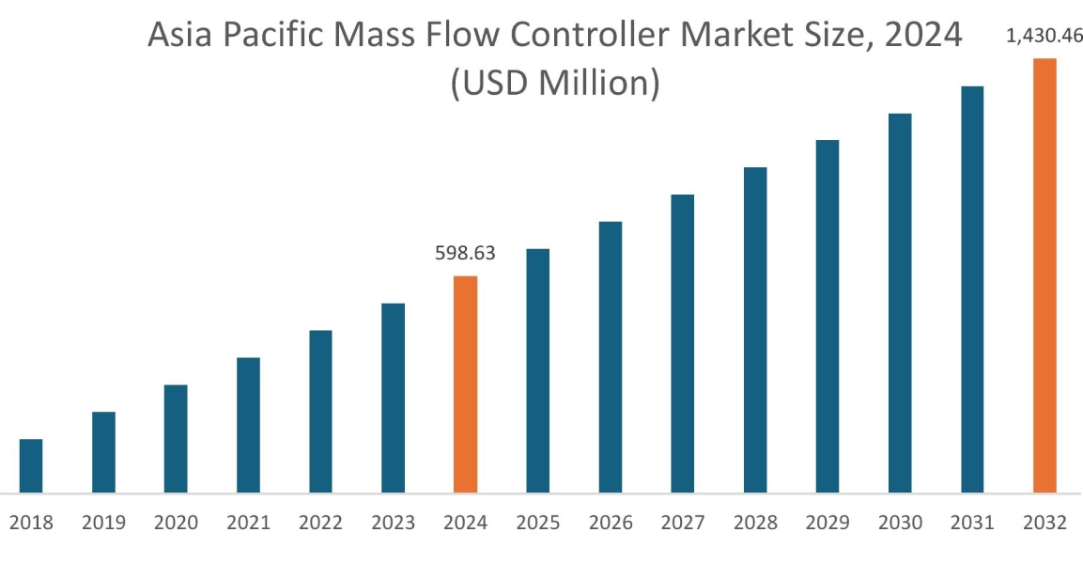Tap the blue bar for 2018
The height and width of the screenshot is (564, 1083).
(x=31, y=465)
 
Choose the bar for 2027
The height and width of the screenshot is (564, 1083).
(x=683, y=343)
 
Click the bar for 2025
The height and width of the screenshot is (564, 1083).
(x=537, y=370)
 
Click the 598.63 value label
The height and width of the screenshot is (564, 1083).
(x=465, y=254)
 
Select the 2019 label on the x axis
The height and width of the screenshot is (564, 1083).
(x=103, y=524)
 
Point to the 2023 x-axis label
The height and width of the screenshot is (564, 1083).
(x=393, y=524)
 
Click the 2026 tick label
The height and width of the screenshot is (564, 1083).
(x=611, y=524)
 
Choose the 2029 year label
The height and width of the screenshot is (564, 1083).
(x=828, y=524)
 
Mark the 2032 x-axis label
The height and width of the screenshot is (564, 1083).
(x=1044, y=524)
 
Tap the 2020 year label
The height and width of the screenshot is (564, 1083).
(x=176, y=524)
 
